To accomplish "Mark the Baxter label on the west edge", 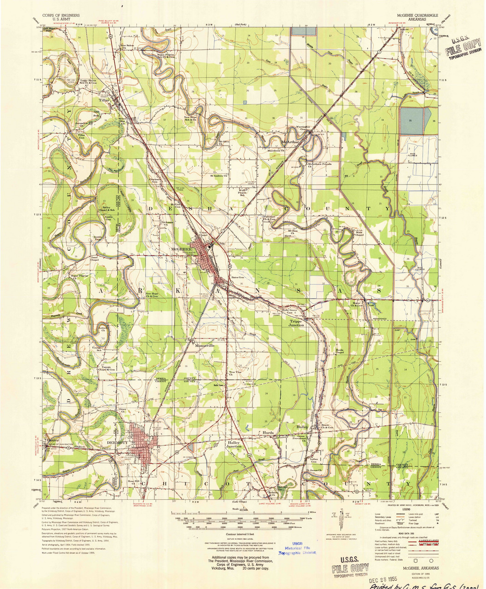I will click(53, 440).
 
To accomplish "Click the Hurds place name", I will click(269, 433).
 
